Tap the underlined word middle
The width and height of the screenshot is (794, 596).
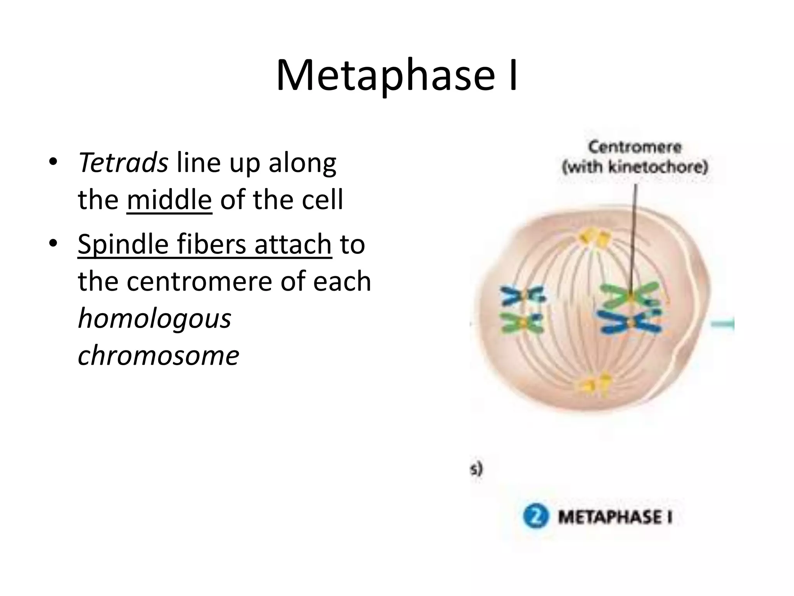click(x=169, y=200)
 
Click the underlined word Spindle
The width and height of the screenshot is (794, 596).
click(x=123, y=244)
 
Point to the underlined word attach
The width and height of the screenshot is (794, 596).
click(x=293, y=244)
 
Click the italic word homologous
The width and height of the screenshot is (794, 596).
click(x=154, y=318)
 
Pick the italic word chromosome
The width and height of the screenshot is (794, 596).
click(x=158, y=355)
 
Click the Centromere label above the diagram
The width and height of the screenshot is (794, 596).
click(x=635, y=147)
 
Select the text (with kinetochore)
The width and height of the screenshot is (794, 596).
click(x=635, y=167)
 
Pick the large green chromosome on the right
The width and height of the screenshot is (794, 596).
click(x=629, y=296)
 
